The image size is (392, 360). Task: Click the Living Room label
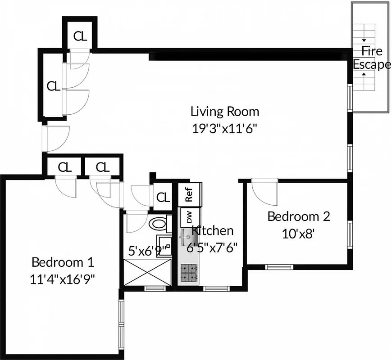[x=224, y=111]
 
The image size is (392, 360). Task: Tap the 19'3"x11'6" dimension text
[x=224, y=127]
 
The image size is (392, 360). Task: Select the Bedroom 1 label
[x=63, y=262]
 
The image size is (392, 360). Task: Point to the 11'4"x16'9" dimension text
[x=63, y=279]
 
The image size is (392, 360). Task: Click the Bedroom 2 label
[x=298, y=216]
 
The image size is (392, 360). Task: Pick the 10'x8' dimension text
[x=298, y=234]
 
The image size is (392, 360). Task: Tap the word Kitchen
[x=213, y=231]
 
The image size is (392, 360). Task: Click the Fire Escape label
[x=371, y=58]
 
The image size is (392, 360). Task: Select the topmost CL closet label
[x=80, y=36]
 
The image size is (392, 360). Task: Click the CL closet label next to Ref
[x=163, y=198]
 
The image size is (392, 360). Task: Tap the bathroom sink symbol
[x=164, y=245]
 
